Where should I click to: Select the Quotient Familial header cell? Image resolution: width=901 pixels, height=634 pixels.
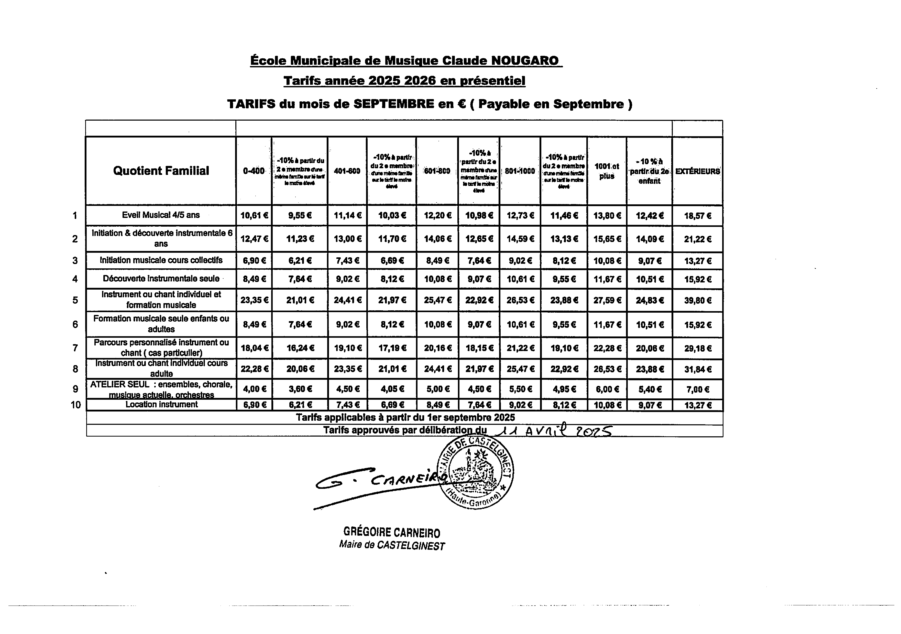(161, 171)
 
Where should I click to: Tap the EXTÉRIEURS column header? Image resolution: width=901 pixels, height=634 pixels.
(697, 171)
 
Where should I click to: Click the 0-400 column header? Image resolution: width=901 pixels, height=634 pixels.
(254, 171)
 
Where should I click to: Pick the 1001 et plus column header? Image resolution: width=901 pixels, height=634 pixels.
(607, 171)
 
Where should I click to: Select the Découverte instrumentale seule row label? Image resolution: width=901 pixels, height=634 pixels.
(161, 279)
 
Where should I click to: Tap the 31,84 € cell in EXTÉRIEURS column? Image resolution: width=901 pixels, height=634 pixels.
(697, 369)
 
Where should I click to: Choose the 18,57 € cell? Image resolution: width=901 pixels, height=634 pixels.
(697, 216)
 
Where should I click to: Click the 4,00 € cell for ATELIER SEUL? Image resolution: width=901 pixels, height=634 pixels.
(254, 389)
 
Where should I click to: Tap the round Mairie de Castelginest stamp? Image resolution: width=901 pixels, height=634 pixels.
(476, 472)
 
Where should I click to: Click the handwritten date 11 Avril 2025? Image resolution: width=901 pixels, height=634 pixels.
(553, 431)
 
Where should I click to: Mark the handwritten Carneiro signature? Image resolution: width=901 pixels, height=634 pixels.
(381, 483)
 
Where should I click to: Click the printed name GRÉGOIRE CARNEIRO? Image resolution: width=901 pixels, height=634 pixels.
(392, 533)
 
